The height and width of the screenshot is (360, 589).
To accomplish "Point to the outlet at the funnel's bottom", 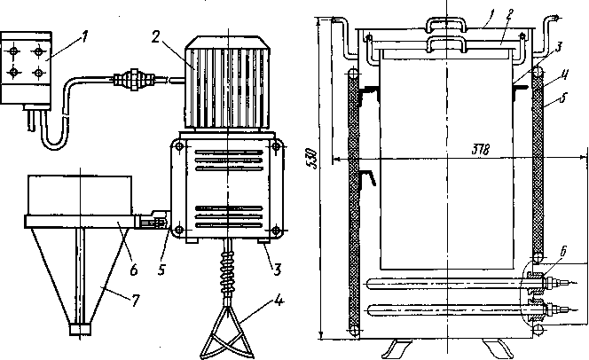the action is (x=81, y=329).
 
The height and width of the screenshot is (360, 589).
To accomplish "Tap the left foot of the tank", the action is (x=391, y=345).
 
